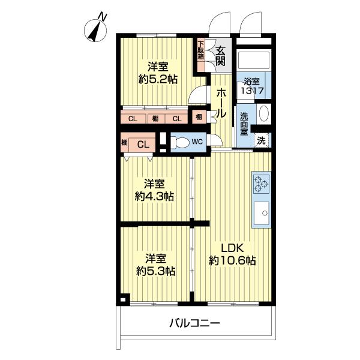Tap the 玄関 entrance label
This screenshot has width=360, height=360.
click(221, 55)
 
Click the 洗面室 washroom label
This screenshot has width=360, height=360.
click(244, 124)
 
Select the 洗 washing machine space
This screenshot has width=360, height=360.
click(261, 140)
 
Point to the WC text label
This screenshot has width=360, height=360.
click(196, 143)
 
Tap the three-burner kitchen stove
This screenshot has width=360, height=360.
click(262, 183)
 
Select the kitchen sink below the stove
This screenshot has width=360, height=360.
click(262, 211)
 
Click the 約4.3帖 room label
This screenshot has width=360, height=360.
click(154, 190)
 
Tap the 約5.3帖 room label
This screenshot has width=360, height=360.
click(154, 265)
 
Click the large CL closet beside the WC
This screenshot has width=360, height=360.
click(143, 144)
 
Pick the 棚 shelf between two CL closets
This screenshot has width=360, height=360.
click(155, 118)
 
